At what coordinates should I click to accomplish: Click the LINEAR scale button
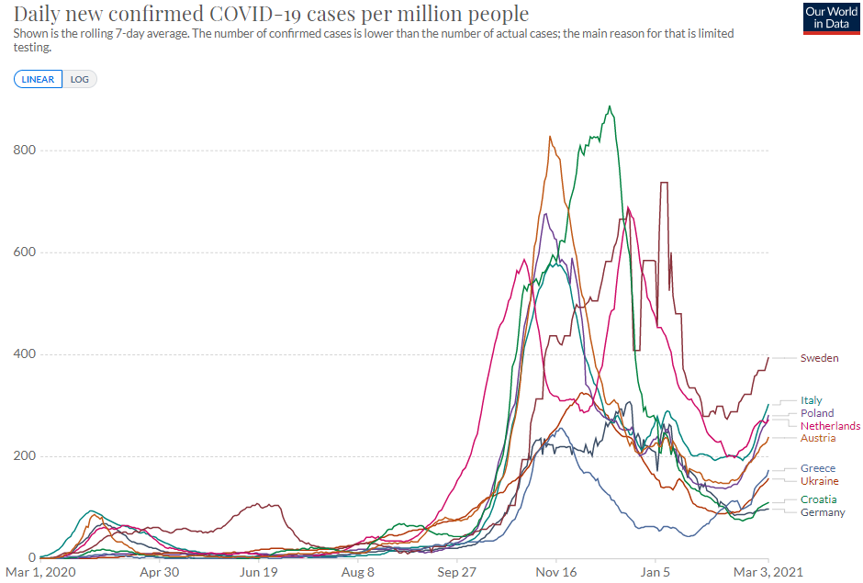point(38,79)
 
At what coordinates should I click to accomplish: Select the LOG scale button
point(80,79)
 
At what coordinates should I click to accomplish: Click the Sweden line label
point(819,358)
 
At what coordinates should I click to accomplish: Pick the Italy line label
point(811,400)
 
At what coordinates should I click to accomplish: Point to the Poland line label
point(816,413)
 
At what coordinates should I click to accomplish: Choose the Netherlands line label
point(830,426)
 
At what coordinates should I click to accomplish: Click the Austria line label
point(817,438)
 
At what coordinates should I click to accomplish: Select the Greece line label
point(817,468)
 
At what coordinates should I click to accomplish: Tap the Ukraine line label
point(819,481)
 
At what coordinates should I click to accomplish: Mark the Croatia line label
point(818,499)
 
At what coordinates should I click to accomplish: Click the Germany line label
point(822,512)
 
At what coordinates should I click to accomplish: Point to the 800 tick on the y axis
point(25,151)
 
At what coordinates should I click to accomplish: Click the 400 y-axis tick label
point(25,354)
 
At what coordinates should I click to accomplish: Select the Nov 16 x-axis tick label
point(556,572)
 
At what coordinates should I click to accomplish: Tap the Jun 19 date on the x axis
point(259,572)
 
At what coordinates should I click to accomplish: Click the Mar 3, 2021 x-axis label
point(768,572)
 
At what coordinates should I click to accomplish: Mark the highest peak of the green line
point(610,107)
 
